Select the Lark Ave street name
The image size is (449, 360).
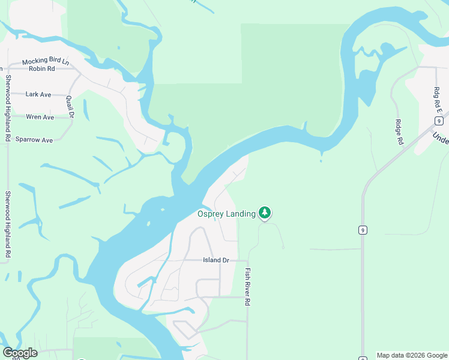pyautogui.click(x=38, y=94)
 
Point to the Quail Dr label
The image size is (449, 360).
pyautogui.click(x=70, y=107)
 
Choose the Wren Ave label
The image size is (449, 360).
pyautogui.click(x=40, y=117)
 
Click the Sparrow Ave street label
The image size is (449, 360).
pyautogui.click(x=35, y=140)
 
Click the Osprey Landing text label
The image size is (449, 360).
pyautogui.click(x=226, y=214)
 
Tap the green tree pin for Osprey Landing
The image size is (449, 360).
pyautogui.click(x=265, y=212)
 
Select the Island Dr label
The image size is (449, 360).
pyautogui.click(x=216, y=260)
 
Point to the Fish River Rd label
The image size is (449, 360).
pyautogui.click(x=247, y=287)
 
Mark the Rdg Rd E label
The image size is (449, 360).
pyautogui.click(x=438, y=100)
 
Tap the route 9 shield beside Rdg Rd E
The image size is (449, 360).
pyautogui.click(x=440, y=121)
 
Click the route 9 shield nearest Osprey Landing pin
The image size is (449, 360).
pyautogui.click(x=363, y=230)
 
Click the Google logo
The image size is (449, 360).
pyautogui.click(x=20, y=353)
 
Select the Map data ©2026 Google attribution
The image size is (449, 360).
pyautogui.click(x=412, y=355)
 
